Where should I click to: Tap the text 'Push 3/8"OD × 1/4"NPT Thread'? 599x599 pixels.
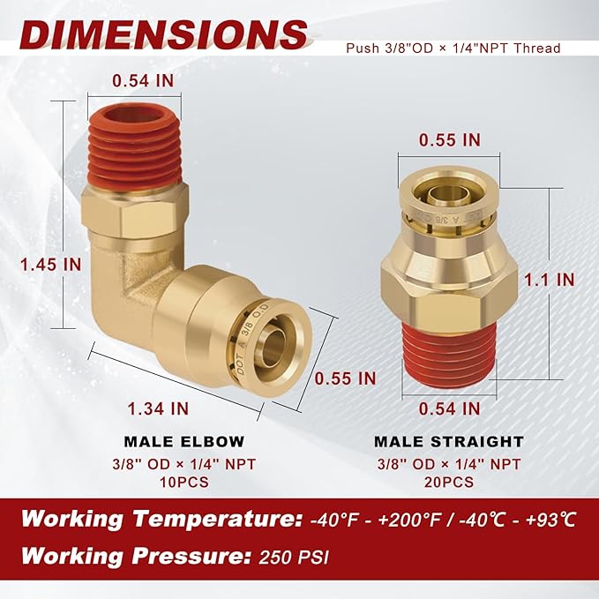tap(453, 48)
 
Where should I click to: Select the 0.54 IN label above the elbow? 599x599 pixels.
tap(143, 80)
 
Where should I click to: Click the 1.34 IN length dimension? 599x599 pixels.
tap(159, 408)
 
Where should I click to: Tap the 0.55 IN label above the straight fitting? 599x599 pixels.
tap(449, 139)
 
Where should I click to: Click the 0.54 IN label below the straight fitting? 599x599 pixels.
tap(449, 408)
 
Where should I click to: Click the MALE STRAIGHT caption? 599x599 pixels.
tap(449, 441)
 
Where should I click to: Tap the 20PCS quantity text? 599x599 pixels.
tap(449, 482)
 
